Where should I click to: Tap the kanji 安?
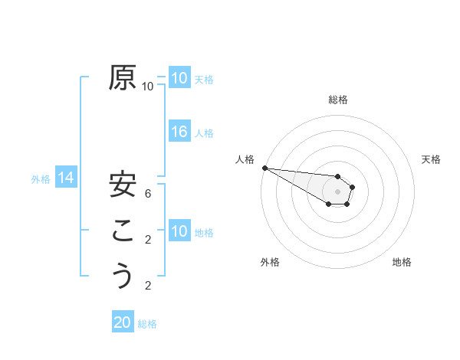pyautogui.click(x=122, y=184)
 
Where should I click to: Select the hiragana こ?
pyautogui.click(x=122, y=231)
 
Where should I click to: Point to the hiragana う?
pyautogui.click(x=122, y=275)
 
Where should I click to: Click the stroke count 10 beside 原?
pyautogui.click(x=148, y=87)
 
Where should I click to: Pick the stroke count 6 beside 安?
pyautogui.click(x=148, y=194)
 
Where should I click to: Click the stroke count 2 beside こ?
pyautogui.click(x=148, y=240)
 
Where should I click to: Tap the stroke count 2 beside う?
pyautogui.click(x=148, y=286)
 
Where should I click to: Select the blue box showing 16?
pyautogui.click(x=179, y=132)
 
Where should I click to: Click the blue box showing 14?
pyautogui.click(x=66, y=178)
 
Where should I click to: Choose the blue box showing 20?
pyautogui.click(x=123, y=322)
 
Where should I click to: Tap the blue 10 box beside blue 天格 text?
pyautogui.click(x=179, y=78)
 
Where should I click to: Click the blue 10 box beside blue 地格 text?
pyautogui.click(x=179, y=231)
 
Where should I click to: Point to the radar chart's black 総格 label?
pyautogui.click(x=338, y=100)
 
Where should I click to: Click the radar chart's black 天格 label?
pyautogui.click(x=431, y=159)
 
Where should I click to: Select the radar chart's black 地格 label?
pyautogui.click(x=402, y=262)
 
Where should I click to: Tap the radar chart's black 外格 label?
pyautogui.click(x=270, y=262)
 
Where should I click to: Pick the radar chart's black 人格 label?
pyautogui.click(x=245, y=159)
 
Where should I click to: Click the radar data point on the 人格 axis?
pyautogui.click(x=264, y=168)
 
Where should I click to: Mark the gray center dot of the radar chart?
pyautogui.click(x=338, y=191)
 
